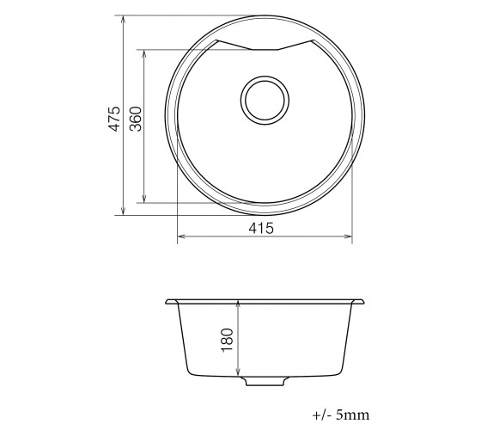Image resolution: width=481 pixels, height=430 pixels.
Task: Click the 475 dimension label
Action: pyautogui.click(x=115, y=119)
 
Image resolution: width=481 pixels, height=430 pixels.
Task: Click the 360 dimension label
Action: pyautogui.click(x=136, y=119)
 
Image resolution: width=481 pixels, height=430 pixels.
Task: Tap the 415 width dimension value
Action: pyautogui.click(x=261, y=228)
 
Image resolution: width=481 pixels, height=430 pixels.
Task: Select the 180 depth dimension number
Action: pyautogui.click(x=227, y=340)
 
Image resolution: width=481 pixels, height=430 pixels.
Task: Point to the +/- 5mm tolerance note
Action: pyautogui.click(x=341, y=415)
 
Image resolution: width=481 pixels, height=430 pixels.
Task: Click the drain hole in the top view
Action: pyautogui.click(x=265, y=100)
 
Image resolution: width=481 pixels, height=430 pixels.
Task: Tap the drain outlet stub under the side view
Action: pyautogui.click(x=265, y=381)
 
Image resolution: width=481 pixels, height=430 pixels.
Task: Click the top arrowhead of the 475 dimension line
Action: pyautogui.click(x=123, y=19)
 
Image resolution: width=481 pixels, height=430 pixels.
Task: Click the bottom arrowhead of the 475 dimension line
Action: pyautogui.click(x=123, y=211)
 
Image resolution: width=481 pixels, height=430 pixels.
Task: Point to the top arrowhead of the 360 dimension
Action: pyautogui.click(x=144, y=53)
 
